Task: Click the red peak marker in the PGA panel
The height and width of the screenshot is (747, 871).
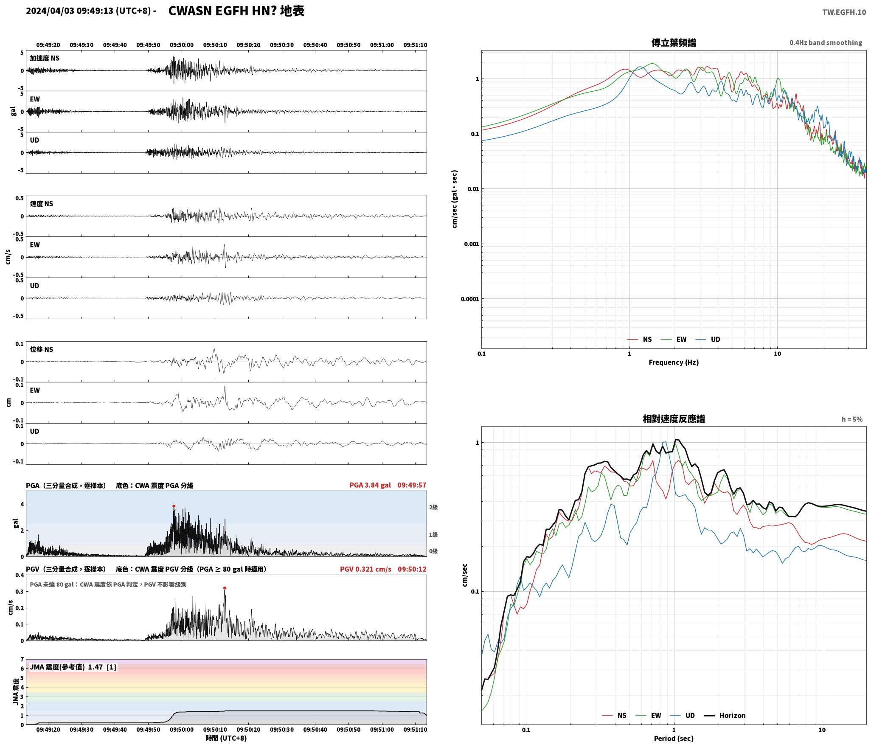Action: (x=174, y=506)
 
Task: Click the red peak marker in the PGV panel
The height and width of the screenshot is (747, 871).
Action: (x=225, y=588)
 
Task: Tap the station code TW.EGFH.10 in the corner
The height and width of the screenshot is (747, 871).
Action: (x=844, y=12)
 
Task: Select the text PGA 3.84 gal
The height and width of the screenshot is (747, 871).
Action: (x=370, y=485)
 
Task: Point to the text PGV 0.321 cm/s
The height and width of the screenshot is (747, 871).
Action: (x=365, y=569)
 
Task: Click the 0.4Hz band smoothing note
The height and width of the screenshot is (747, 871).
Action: (x=826, y=43)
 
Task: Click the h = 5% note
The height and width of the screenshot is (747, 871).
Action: (x=852, y=419)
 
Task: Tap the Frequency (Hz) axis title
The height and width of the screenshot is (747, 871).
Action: (x=674, y=362)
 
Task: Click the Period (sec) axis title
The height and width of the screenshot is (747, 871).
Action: (x=674, y=739)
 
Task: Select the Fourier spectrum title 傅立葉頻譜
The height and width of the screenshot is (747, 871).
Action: (x=674, y=42)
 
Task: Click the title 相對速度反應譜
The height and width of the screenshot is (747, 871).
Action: (x=674, y=419)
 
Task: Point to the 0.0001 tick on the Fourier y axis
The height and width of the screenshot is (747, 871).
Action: (x=469, y=299)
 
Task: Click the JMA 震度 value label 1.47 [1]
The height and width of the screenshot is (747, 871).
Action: (x=102, y=667)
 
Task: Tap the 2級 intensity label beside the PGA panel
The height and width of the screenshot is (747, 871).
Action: (x=433, y=507)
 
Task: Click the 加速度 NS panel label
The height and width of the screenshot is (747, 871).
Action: (x=45, y=58)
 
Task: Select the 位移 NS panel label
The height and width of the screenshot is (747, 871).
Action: (x=42, y=349)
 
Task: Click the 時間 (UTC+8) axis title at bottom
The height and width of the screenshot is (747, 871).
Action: (x=226, y=738)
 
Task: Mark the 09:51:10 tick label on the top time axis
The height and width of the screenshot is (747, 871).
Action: (x=415, y=45)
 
